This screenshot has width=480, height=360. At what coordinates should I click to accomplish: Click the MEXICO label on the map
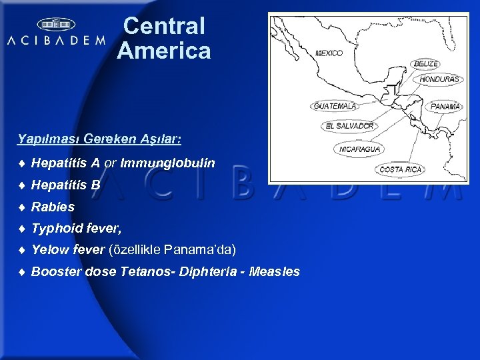pyautogui.click(x=329, y=53)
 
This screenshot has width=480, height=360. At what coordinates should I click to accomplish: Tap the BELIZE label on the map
pyautogui.click(x=426, y=64)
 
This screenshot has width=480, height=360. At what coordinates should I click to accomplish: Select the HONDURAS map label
pyautogui.click(x=439, y=79)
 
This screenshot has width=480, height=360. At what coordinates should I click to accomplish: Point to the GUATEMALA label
pyautogui.click(x=335, y=106)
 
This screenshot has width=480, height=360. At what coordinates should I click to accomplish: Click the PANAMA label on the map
pyautogui.click(x=445, y=106)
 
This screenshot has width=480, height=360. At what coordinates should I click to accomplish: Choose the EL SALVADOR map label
pyautogui.click(x=350, y=125)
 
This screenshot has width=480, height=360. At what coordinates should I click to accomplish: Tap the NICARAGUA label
pyautogui.click(x=360, y=149)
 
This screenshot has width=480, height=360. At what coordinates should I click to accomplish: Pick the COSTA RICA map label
pyautogui.click(x=401, y=169)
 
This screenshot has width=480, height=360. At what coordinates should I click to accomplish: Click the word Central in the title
pyautogui.click(x=164, y=27)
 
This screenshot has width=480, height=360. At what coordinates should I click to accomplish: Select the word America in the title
pyautogui.click(x=164, y=51)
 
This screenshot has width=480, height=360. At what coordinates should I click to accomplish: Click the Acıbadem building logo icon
pyautogui.click(x=56, y=25)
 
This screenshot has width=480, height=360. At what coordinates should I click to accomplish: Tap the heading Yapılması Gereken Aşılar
pyautogui.click(x=99, y=140)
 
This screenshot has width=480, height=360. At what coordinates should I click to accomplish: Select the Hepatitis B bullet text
pyautogui.click(x=66, y=185)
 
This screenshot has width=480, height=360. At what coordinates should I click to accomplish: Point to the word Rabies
pyautogui.click(x=53, y=207)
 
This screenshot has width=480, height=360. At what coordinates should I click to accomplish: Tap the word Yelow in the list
pyautogui.click(x=49, y=250)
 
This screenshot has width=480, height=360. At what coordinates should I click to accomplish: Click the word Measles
pyautogui.click(x=274, y=272)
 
